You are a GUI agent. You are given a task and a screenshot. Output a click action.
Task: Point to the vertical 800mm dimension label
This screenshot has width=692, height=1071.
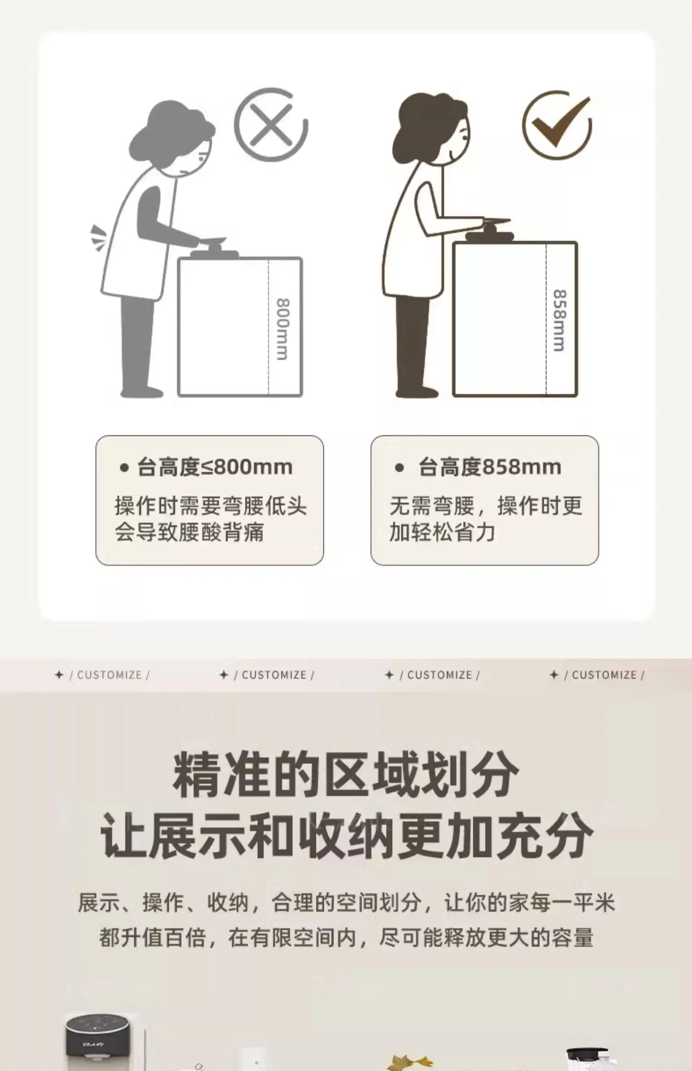(282, 329)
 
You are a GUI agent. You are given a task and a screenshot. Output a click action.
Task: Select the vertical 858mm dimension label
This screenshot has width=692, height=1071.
(559, 320)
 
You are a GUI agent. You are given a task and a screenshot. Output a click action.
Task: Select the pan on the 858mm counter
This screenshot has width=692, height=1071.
(489, 231)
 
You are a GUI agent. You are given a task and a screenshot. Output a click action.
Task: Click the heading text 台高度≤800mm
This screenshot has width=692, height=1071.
(215, 467)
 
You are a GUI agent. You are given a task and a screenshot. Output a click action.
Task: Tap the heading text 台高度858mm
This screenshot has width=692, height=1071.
(489, 467)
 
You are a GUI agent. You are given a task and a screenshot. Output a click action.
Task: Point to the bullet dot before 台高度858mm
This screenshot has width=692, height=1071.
(400, 468)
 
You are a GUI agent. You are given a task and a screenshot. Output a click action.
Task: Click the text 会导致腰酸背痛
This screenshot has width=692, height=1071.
(189, 532)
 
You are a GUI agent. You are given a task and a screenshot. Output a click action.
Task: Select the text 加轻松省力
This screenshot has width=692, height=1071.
(442, 532)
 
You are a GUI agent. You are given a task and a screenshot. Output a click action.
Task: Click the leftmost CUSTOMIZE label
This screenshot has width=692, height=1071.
(109, 675)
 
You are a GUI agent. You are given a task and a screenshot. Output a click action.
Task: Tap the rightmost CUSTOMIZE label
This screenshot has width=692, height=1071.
(604, 675)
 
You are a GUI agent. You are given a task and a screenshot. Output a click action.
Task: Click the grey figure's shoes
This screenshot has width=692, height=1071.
(142, 392)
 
